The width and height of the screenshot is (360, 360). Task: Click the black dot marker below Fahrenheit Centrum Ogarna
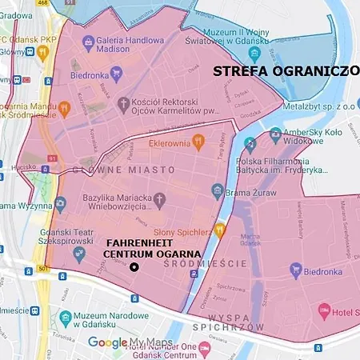134,266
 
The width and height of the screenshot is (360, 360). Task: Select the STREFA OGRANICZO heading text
285,70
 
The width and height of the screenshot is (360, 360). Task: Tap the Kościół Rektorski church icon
122,103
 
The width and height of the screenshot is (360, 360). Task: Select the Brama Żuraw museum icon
217,190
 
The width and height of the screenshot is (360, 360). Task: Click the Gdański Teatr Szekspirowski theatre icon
78,254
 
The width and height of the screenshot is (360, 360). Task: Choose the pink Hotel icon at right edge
324,310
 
